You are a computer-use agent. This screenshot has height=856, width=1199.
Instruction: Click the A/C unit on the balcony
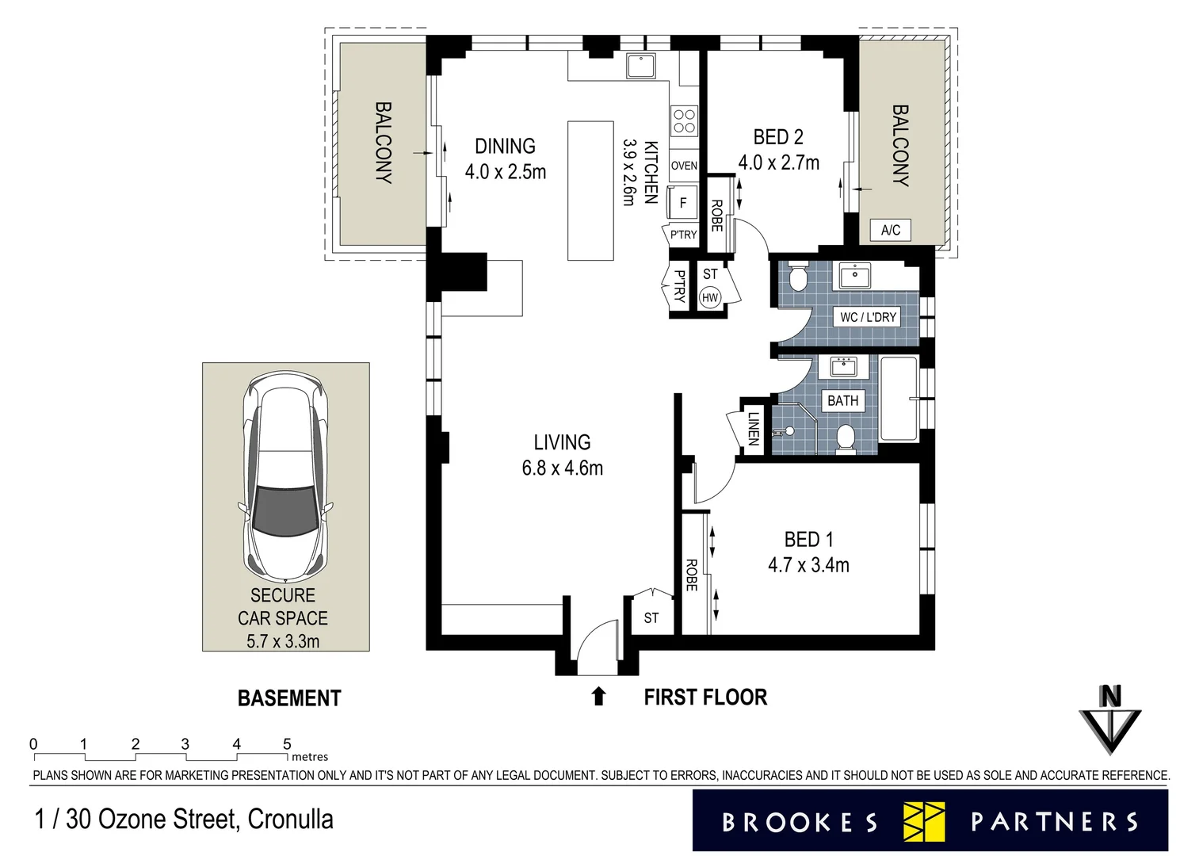tap(890, 230)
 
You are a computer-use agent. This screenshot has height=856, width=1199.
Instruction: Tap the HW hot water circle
tap(710, 298)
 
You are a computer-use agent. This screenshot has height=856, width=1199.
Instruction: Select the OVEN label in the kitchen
tap(684, 166)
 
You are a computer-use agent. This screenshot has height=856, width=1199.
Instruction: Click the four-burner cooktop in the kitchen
tap(684, 121)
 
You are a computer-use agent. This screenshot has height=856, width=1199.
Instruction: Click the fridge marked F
tap(682, 202)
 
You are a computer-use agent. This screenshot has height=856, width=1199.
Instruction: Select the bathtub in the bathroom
tap(899, 399)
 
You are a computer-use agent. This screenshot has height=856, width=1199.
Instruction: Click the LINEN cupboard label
tap(753, 428)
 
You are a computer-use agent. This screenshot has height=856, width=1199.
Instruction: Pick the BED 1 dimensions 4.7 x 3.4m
tap(808, 565)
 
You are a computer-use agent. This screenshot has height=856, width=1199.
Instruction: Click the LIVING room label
tap(562, 442)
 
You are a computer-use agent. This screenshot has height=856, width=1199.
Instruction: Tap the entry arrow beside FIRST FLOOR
tap(598, 697)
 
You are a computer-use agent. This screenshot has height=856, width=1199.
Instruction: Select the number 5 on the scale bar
tap(288, 743)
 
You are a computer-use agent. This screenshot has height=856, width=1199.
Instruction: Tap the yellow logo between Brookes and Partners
tap(924, 821)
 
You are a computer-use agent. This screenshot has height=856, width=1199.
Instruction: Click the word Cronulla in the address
tap(290, 819)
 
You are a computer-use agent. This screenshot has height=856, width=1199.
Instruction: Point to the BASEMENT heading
tap(289, 698)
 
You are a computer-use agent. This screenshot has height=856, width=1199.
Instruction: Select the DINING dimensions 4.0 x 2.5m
tap(506, 172)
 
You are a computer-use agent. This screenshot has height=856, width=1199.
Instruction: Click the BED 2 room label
tap(778, 137)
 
